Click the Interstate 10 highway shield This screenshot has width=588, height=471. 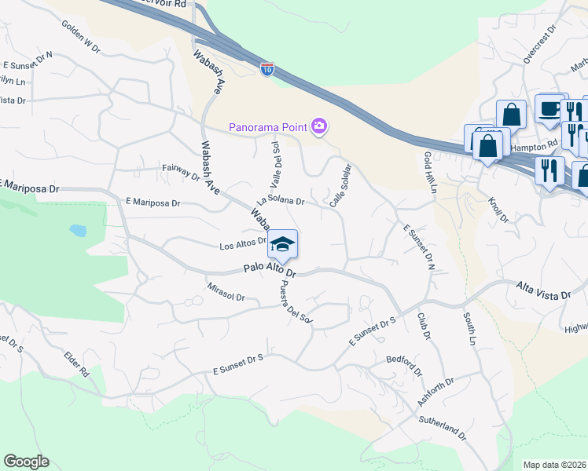267,69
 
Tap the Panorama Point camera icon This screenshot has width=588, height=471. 318,126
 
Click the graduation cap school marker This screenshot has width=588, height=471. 282,244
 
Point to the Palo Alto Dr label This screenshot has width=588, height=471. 269,270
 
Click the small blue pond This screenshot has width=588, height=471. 78,231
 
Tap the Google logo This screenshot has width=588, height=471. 26,461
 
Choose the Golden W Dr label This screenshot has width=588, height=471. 81,36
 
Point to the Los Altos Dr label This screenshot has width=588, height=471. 243,245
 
